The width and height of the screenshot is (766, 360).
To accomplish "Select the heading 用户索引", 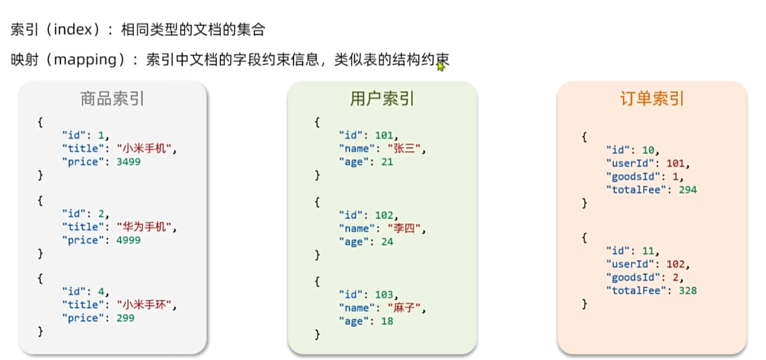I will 382,99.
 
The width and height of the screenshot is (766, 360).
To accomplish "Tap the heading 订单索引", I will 652,99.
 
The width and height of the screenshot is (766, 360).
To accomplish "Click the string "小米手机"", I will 144,149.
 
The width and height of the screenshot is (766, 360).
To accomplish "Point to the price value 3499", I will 128,162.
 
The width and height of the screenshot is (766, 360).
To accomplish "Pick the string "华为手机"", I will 144,227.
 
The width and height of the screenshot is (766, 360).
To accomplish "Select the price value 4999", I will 128,241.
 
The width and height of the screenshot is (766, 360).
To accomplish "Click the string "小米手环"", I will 144,305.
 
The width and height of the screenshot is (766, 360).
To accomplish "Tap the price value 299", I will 125,318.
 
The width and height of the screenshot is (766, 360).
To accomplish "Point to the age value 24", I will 386,242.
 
